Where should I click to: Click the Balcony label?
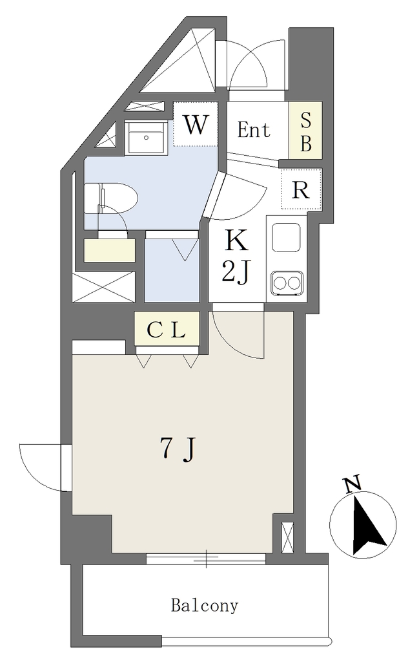(205, 606)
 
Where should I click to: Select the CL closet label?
(166, 330)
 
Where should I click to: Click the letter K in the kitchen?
(236, 242)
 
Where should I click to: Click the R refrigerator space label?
(301, 191)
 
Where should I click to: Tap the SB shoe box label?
(305, 131)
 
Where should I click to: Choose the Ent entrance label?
(253, 129)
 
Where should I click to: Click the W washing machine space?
(196, 125)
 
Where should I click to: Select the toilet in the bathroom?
(110, 198)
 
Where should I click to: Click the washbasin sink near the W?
(147, 138)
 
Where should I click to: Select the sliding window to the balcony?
(206, 559)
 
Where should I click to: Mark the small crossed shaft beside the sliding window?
(287, 537)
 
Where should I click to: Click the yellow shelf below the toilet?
(110, 250)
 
